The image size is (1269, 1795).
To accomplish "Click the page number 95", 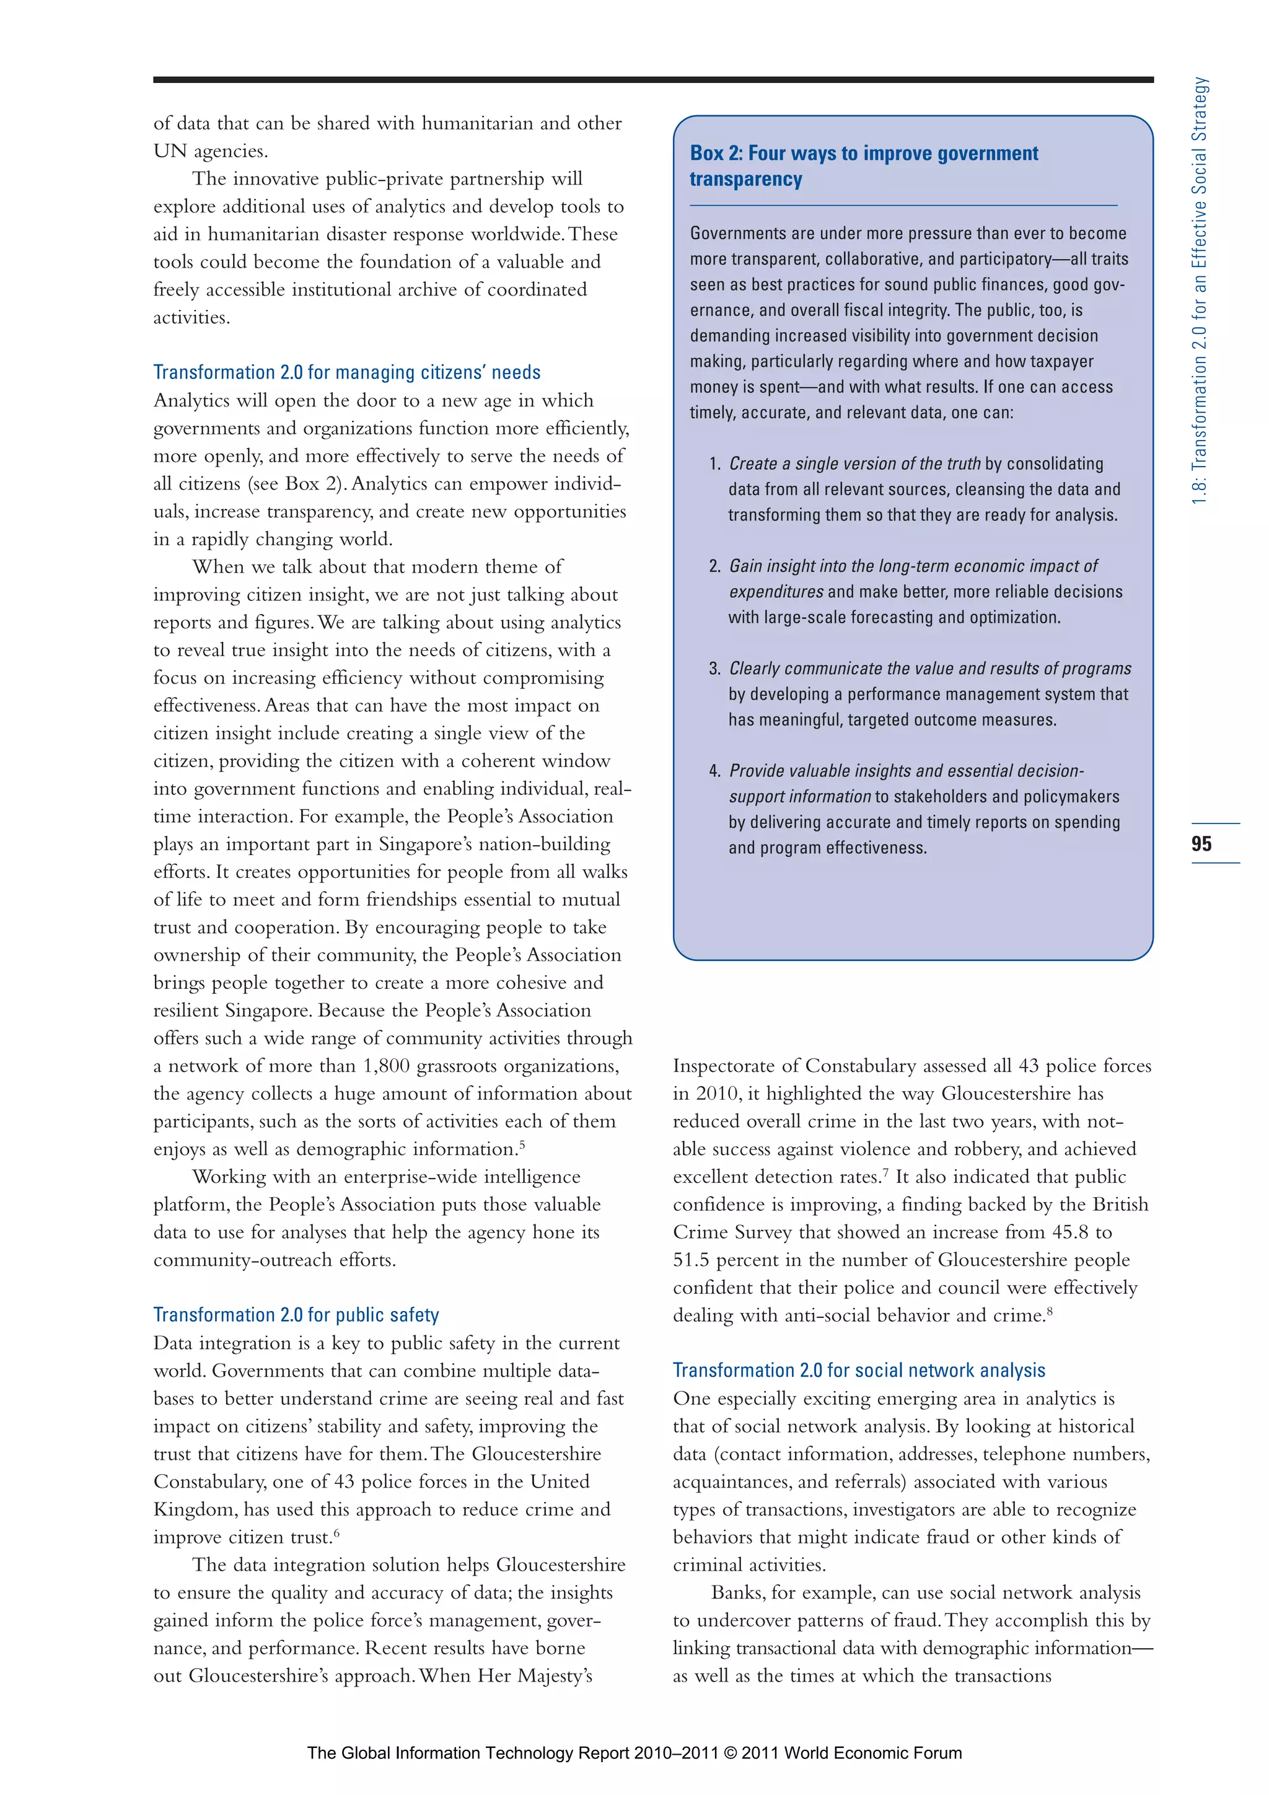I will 1201,843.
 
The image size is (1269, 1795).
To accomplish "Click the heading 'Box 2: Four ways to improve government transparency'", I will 863,165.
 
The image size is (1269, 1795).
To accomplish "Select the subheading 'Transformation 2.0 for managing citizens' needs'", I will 346,372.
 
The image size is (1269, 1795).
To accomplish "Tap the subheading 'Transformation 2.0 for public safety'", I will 296,1315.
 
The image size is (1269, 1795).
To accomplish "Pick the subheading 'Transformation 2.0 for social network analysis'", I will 859,1371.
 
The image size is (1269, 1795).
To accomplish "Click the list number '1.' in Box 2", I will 714,464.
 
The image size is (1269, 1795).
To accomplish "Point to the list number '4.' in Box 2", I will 714,771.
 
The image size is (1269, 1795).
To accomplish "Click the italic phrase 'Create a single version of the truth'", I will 854,463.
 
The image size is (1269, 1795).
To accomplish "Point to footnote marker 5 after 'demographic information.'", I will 522,1145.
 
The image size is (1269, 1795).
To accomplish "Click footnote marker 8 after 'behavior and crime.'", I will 1050,1311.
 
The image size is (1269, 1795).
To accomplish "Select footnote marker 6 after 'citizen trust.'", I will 337,1533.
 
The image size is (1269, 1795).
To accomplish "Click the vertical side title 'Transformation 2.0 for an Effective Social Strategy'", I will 1200,289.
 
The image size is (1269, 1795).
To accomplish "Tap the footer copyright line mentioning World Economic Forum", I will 634,1753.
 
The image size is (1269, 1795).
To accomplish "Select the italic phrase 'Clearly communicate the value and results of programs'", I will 929,669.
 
